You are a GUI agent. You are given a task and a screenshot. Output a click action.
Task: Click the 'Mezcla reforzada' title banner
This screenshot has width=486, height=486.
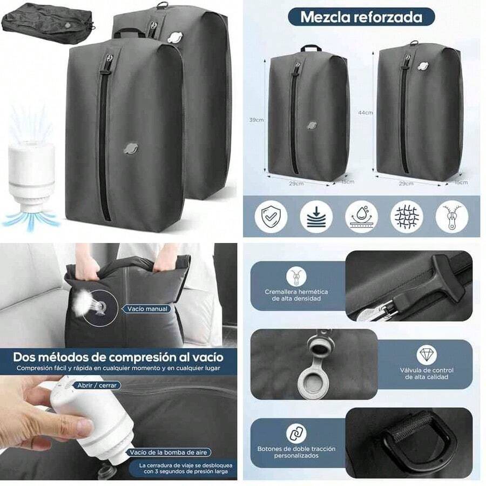click(x=361, y=16)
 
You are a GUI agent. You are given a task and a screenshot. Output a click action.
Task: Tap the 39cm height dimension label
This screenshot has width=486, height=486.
click(x=257, y=120)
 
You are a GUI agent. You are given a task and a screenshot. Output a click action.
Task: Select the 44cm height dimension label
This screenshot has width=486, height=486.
click(x=365, y=113)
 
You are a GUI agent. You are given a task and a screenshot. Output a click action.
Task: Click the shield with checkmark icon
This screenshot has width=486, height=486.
click(x=271, y=217)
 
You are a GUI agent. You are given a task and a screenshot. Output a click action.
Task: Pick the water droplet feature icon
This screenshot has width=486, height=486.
click(x=361, y=217)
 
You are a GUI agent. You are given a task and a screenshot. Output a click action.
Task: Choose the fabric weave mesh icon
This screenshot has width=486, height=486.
click(x=406, y=217)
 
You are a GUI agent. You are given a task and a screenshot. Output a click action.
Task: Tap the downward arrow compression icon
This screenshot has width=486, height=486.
click(x=316, y=217)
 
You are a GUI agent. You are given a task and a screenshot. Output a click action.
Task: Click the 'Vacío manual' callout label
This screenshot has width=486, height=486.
click(x=147, y=309)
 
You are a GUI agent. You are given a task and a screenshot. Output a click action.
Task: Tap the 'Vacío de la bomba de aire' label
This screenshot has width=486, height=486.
click(x=169, y=452)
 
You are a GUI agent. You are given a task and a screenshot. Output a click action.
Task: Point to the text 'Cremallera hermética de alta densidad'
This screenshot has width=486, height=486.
click(x=296, y=295)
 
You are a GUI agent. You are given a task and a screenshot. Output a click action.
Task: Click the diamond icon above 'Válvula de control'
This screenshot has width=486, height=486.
click(x=427, y=355)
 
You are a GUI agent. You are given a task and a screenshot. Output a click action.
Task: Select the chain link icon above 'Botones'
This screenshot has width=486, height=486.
click(x=296, y=433)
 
